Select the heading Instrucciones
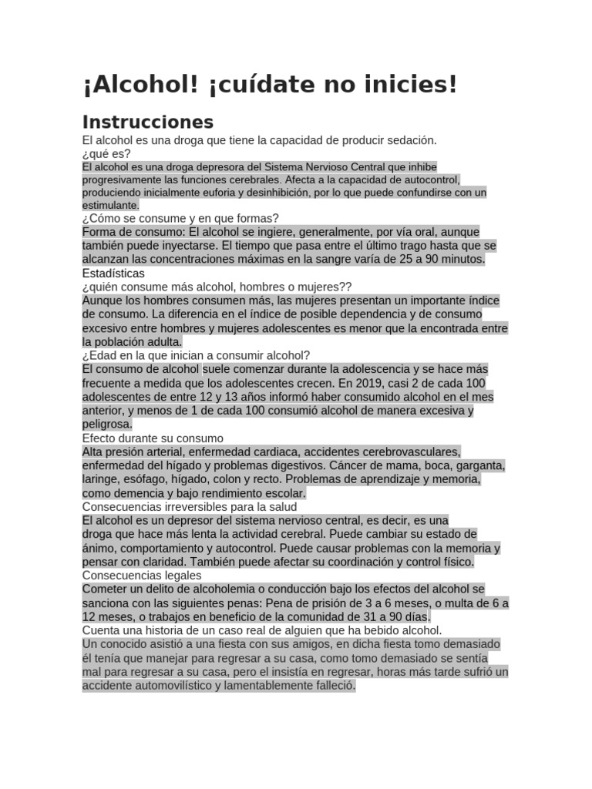coord(147,122)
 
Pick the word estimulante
coord(110,205)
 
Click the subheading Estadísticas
coord(113,273)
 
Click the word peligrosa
coord(107,424)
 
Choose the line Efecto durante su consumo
coord(152,438)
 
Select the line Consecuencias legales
coord(142,575)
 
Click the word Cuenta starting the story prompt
coord(101,630)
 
